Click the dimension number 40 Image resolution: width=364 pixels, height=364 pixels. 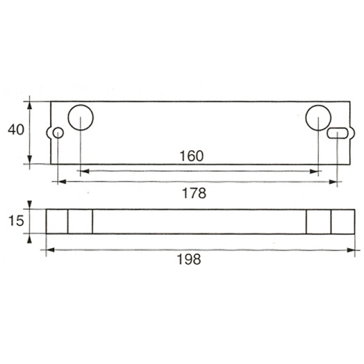(x=16, y=130)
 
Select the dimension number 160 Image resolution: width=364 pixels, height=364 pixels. (x=192, y=156)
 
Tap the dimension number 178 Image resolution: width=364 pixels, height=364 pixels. (x=194, y=193)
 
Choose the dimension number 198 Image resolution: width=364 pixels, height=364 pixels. (x=189, y=259)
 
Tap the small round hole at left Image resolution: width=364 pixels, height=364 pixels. (x=53, y=133)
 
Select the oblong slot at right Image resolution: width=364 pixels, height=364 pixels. (x=338, y=128)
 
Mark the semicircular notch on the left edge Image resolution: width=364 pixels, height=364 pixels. (x=47, y=133)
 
